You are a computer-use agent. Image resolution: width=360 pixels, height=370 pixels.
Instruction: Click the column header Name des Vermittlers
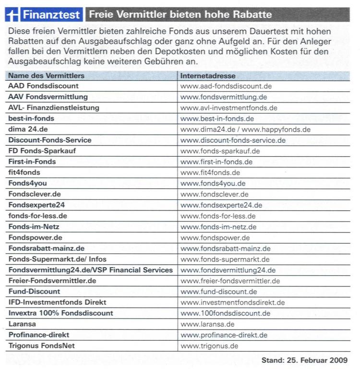(46, 75)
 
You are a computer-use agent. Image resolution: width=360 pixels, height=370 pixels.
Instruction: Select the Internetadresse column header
(207, 75)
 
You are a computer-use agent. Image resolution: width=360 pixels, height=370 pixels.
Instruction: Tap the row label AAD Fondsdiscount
(43, 86)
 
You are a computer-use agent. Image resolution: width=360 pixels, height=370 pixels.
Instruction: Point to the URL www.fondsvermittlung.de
(224, 97)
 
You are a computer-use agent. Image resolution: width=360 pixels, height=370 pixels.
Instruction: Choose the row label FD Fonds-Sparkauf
(42, 151)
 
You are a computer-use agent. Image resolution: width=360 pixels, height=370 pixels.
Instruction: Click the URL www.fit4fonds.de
(210, 173)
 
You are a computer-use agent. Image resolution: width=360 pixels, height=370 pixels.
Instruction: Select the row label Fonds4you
(27, 183)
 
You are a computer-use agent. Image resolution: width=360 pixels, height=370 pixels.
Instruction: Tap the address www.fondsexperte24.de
(221, 205)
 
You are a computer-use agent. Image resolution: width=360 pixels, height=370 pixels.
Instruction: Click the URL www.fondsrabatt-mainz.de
(225, 248)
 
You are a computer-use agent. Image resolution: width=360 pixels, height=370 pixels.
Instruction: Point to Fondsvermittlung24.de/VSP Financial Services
(90, 270)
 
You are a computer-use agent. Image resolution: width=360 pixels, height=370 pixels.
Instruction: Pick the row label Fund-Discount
(34, 292)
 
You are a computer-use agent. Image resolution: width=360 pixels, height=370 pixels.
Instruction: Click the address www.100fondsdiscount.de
(226, 313)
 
